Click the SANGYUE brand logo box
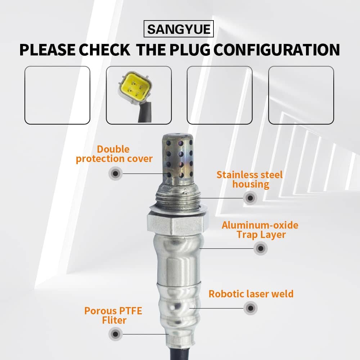point(179,29)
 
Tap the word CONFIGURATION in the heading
point(276,50)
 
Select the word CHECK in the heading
point(105,50)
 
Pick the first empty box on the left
point(57,95)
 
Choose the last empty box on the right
point(301,95)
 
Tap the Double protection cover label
point(114,154)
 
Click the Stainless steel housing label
point(250,179)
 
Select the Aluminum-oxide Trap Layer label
point(260,230)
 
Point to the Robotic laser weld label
point(251,294)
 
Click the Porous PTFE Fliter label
point(113,315)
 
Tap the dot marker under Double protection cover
point(116,174)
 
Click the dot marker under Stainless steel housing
point(250,198)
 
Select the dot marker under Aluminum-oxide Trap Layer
point(261,248)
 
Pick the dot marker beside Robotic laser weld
point(251,308)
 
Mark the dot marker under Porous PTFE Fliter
point(116,334)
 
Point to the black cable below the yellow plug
point(145,113)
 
